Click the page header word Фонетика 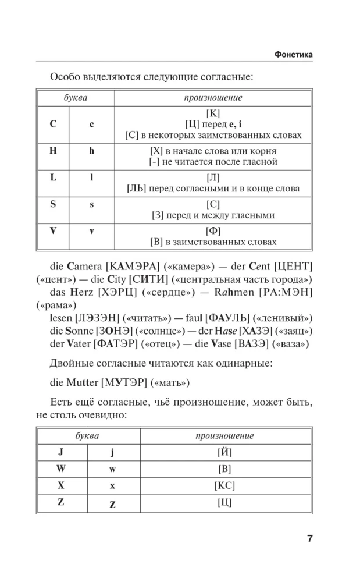pos(293,54)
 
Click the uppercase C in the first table pos(53,125)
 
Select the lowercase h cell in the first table pos(91,151)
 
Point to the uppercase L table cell pos(53,178)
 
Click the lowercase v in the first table pos(91,231)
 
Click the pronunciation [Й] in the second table pos(224,452)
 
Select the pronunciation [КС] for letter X pos(224,485)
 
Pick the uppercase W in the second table pos(61,469)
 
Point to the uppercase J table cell pos(60,452)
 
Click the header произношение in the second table pos(224,435)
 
